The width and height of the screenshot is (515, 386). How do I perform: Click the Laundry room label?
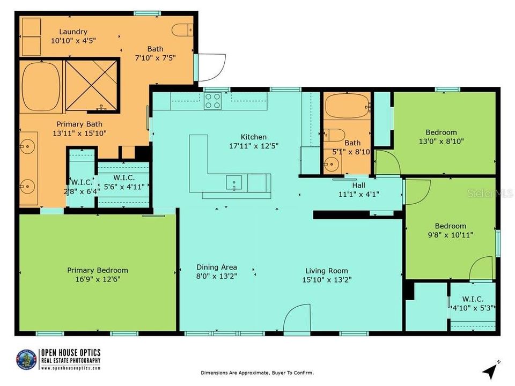pos(73,32)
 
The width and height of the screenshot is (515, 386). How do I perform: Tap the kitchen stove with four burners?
pos(213,101)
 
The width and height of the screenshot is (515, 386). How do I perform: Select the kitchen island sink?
pos(234,183)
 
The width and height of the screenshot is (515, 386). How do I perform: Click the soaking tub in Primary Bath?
pos(41,87)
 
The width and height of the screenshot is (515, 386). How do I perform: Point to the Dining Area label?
pos(216,267)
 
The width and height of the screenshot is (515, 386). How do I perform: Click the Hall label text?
pos(358,185)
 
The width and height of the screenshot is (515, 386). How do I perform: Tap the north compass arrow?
pos(490,370)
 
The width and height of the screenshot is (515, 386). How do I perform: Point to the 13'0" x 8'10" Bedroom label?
pos(441,132)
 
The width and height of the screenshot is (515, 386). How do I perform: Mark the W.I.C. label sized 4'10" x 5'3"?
pos(472,299)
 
